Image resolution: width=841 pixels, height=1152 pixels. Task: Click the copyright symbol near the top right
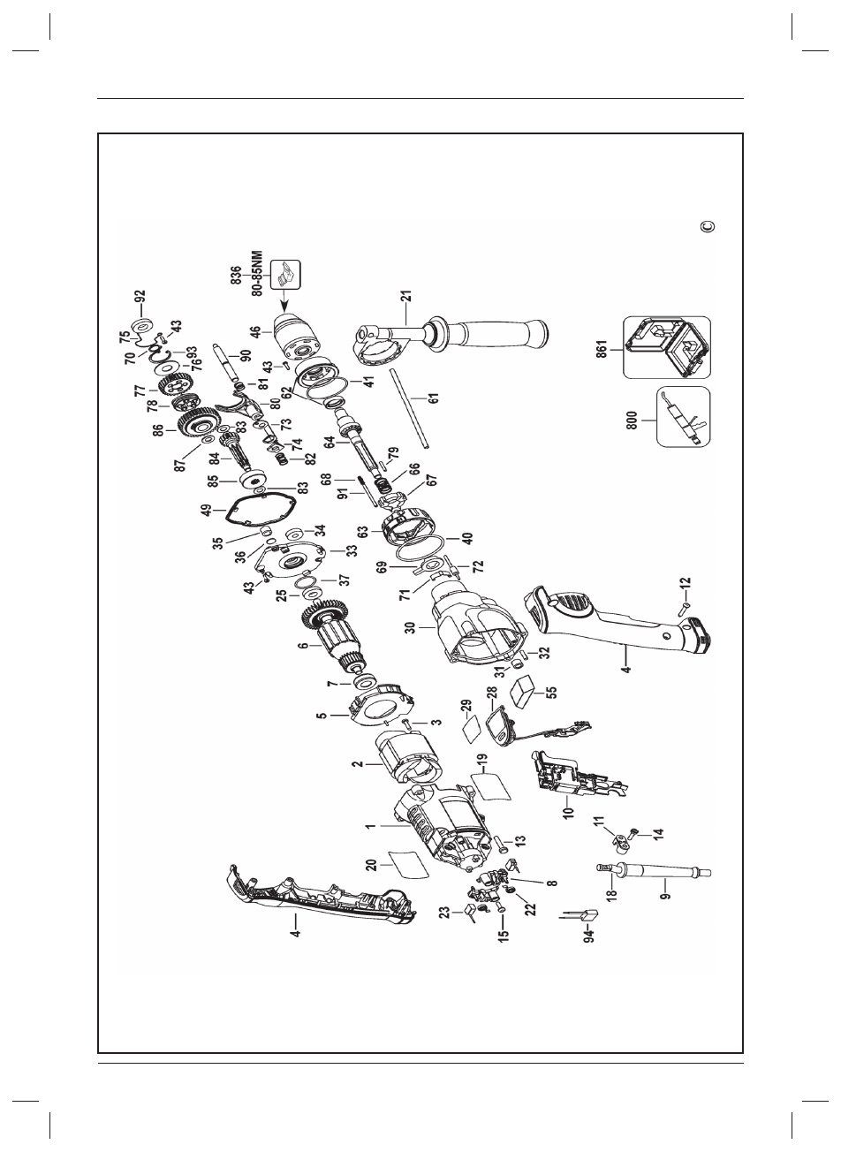pyautogui.click(x=706, y=226)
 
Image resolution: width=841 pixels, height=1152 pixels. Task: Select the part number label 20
pyautogui.click(x=373, y=868)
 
